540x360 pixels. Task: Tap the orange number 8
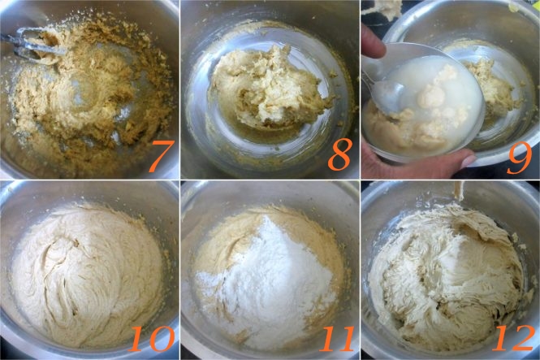(339, 154)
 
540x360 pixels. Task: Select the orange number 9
(520, 157)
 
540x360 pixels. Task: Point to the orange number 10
(152, 339)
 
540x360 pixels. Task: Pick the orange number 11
(337, 339)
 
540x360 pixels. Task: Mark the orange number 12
(514, 339)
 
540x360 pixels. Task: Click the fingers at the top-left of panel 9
(373, 40)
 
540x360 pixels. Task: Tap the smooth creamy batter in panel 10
(86, 275)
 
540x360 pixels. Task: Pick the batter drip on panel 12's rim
(458, 190)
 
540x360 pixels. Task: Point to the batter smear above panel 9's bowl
(382, 7)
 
